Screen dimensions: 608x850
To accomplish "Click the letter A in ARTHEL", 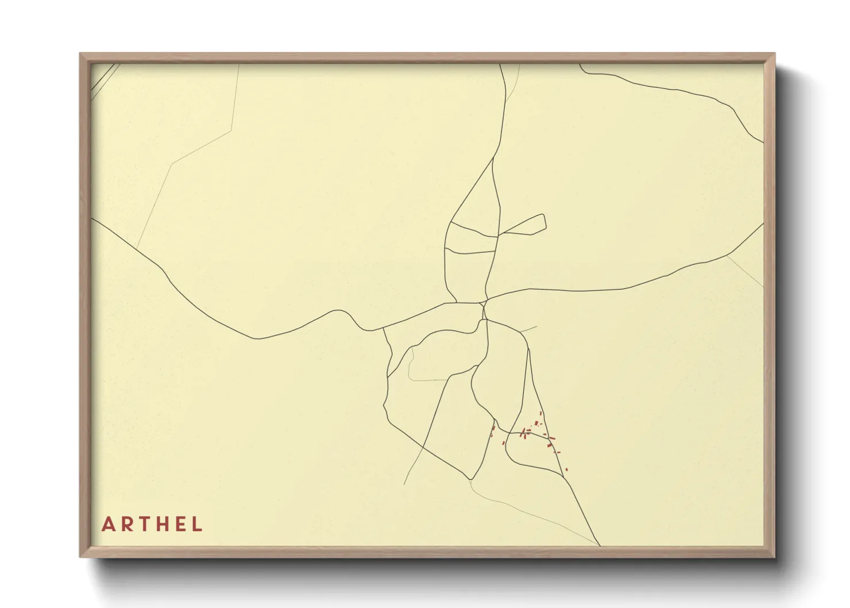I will (108, 524).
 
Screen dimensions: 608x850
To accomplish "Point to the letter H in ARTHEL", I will (164, 524).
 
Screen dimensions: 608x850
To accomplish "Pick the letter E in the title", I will (182, 524).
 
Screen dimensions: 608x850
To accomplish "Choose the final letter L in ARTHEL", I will (198, 524).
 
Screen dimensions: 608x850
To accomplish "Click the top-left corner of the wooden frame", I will (80, 54).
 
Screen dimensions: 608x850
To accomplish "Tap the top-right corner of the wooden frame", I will (774, 54).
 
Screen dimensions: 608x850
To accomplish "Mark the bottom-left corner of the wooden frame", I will (80, 556).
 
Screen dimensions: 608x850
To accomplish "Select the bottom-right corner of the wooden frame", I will (774, 556).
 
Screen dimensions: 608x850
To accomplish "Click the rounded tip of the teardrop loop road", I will (544, 222).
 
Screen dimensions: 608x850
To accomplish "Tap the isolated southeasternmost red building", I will (566, 470).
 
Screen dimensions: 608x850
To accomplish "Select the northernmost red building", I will (540, 413).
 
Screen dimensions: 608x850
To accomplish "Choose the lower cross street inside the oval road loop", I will (471, 251).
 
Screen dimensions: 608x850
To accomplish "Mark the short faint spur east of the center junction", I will (528, 330).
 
